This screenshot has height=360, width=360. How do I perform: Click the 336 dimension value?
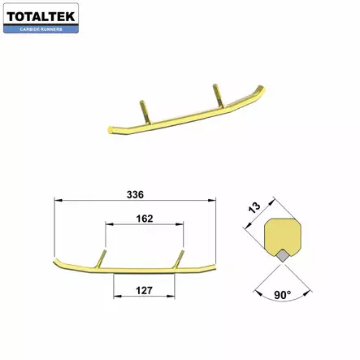pos(136,194)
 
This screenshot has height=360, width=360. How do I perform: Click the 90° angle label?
pos(282,296)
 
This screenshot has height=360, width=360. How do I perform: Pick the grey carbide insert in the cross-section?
pos(282,254)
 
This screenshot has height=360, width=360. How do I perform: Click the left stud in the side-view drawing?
pos(102,257)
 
